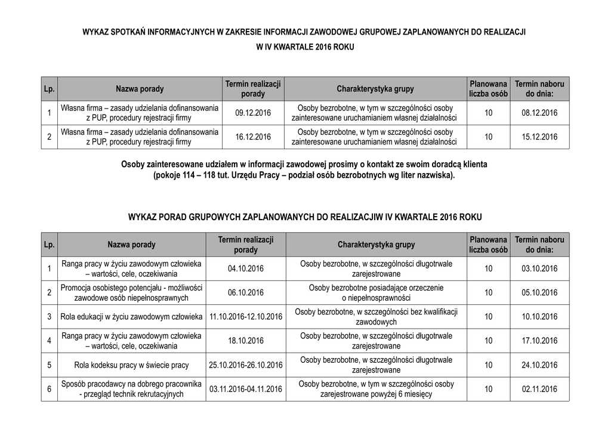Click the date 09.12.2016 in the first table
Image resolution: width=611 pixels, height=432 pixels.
coord(253,113)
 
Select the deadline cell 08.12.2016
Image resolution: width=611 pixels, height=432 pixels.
coord(539,113)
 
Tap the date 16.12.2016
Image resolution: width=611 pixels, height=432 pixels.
coord(253,137)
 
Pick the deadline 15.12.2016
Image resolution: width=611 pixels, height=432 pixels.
coord(539,137)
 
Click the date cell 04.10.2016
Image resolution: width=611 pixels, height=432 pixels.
coord(245,269)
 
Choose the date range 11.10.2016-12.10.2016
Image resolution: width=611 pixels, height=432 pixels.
coord(245,317)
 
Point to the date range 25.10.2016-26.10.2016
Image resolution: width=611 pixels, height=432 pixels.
coord(245,365)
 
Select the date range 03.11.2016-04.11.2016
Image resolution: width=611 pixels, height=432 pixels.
coord(245,389)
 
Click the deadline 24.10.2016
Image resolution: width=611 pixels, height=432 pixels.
coord(539,365)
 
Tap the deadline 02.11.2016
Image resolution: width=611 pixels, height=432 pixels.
coord(539,389)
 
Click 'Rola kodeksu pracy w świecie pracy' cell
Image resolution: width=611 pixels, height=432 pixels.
coord(131,365)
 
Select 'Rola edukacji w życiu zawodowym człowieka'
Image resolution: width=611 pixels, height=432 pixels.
coord(131,317)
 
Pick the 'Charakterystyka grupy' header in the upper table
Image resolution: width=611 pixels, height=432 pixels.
coord(375,89)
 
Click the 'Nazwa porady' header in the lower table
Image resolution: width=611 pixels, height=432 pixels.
coord(131,245)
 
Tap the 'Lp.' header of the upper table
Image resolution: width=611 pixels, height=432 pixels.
coord(49,89)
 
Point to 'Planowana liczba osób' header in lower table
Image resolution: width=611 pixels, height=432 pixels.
coord(488,245)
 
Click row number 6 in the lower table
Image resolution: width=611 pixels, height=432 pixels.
coord(49,389)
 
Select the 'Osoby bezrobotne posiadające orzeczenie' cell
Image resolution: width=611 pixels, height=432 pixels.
coord(376,292)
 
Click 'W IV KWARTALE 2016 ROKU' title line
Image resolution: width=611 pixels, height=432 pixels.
coord(305,46)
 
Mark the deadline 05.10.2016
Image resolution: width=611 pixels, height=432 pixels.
coord(539,293)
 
